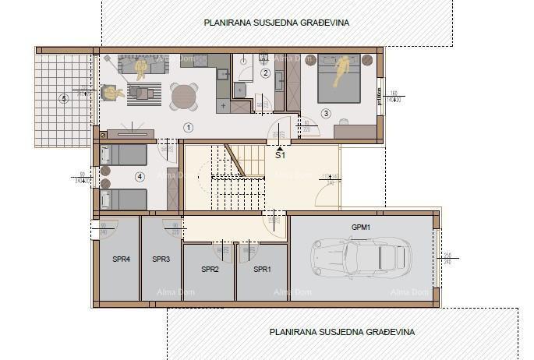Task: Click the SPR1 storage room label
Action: click(262, 269)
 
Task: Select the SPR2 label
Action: click(210, 269)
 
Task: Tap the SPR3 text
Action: click(161, 259)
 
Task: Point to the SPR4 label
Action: click(122, 259)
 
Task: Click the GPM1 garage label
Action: click(360, 227)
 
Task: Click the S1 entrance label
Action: click(280, 156)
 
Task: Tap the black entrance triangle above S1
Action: click(280, 146)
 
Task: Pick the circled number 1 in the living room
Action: click(187, 126)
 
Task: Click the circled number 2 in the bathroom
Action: click(265, 73)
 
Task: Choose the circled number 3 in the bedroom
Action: click(326, 114)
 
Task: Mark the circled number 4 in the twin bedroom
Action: click(140, 177)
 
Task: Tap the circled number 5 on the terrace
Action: click(64, 98)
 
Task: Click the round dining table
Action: click(185, 97)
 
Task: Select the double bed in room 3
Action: click(340, 78)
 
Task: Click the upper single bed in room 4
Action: click(124, 154)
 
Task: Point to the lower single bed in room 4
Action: click(124, 199)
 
